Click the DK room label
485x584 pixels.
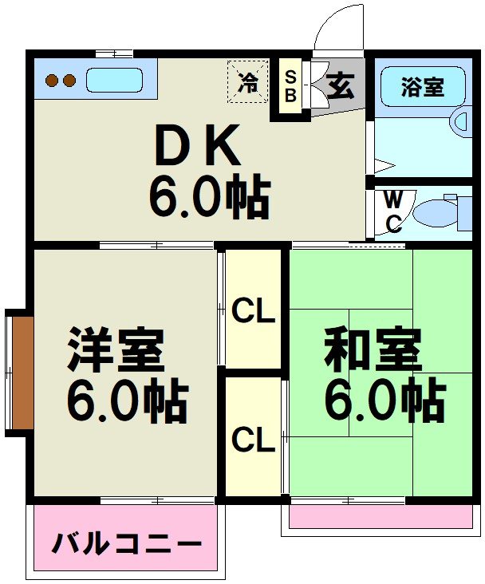coord(195,145)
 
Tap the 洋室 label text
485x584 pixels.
coord(116,351)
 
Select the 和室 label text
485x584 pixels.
coord(372,351)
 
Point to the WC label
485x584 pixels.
coord(393,211)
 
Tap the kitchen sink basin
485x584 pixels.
coord(114,81)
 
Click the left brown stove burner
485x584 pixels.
coord(52,81)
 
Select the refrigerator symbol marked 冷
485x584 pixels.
coord(249,81)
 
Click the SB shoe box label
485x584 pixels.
coord(290,86)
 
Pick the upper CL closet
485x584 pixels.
coord(253,311)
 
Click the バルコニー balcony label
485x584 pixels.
coord(126,546)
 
